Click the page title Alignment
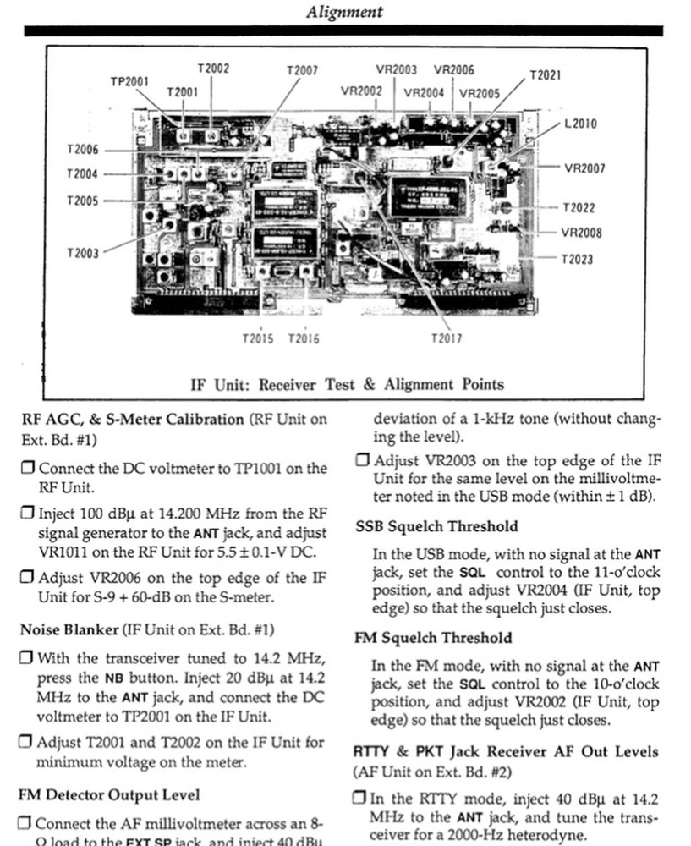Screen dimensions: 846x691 [x=345, y=12]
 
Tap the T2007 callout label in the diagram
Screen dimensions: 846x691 [x=303, y=71]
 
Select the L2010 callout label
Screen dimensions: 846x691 [x=580, y=124]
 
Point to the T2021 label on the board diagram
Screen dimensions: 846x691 [x=545, y=75]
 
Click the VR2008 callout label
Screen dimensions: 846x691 [x=582, y=233]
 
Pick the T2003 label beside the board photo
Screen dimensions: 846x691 [x=82, y=253]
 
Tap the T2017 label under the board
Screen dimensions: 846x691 [x=446, y=338]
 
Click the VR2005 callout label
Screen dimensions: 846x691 [x=480, y=93]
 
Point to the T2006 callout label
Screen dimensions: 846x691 [x=82, y=150]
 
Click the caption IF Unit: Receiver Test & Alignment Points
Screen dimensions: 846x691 [x=347, y=384]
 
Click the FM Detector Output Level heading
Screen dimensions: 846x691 [x=109, y=794]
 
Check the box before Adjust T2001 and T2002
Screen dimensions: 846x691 [x=27, y=743]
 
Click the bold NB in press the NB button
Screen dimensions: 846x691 [x=114, y=678]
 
